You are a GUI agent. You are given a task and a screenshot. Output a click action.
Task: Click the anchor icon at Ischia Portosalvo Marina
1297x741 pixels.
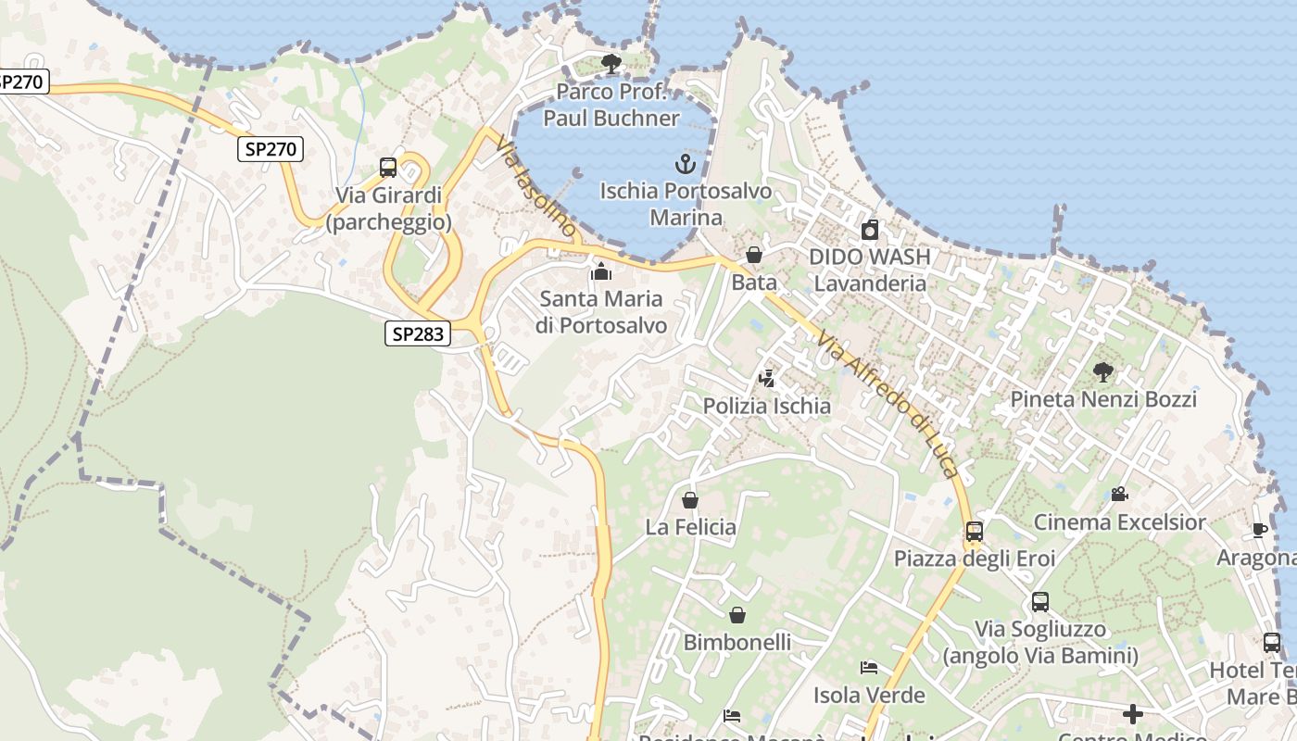click(x=685, y=165)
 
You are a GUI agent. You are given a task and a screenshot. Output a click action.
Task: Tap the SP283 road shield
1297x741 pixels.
click(x=418, y=333)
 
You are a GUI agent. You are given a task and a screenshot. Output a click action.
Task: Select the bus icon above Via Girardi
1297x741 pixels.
click(x=388, y=168)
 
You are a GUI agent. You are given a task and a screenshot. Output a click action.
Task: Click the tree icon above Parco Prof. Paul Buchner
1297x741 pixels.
click(x=611, y=63)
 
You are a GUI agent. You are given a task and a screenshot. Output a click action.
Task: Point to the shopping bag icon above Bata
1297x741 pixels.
click(x=754, y=255)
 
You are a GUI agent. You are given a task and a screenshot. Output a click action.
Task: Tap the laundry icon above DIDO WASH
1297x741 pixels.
click(x=870, y=230)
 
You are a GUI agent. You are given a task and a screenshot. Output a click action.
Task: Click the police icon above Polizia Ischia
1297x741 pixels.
click(x=766, y=378)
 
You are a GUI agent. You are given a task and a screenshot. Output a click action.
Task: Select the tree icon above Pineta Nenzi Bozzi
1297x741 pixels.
click(x=1103, y=372)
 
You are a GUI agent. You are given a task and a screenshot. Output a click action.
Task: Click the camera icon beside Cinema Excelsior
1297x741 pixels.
click(x=1119, y=494)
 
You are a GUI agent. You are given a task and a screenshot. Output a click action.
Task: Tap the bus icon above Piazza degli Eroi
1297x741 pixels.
click(x=975, y=532)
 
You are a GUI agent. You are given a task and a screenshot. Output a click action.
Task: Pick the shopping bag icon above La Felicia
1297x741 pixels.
click(x=690, y=500)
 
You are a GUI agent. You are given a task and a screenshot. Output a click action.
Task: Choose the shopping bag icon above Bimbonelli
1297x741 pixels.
click(x=737, y=615)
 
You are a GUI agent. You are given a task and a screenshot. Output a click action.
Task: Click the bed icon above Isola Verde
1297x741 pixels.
click(x=869, y=668)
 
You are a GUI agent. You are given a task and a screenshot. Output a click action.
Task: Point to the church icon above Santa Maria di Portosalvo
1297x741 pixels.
click(x=601, y=271)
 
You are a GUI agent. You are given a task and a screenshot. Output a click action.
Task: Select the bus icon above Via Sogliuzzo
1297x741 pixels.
click(x=1040, y=602)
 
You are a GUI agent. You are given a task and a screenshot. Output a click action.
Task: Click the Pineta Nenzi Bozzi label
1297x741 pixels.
click(x=1103, y=399)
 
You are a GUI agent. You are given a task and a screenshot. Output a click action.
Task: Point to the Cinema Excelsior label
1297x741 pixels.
click(x=1120, y=522)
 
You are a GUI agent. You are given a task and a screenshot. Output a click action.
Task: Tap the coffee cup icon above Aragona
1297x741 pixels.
click(x=1260, y=530)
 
